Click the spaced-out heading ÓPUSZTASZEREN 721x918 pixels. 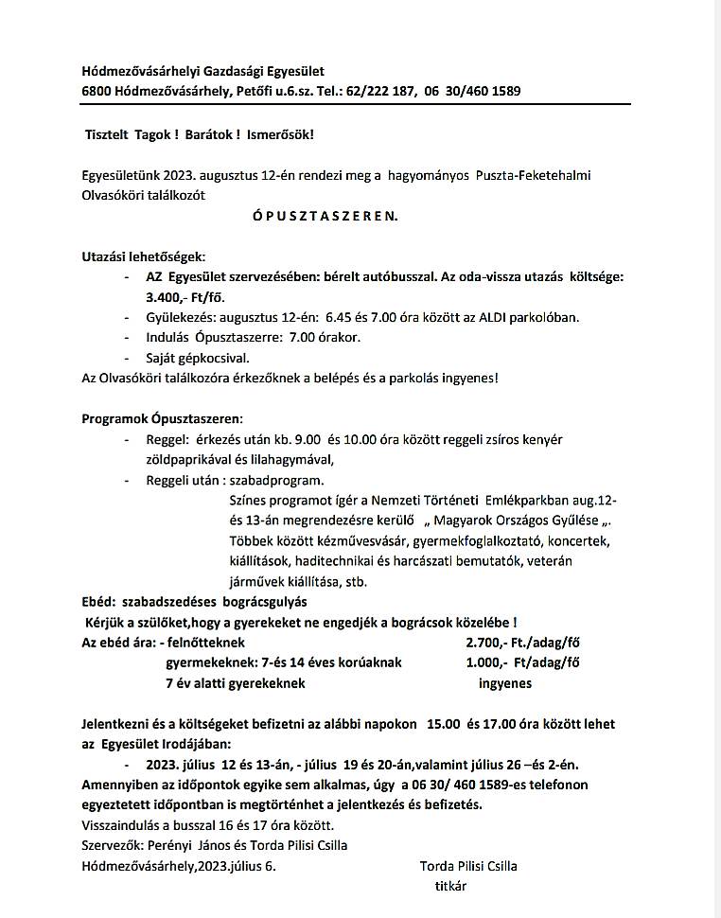tap(325, 216)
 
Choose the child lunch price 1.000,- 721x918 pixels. tap(487, 662)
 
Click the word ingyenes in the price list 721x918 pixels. tap(505, 682)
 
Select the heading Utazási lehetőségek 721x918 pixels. tap(143, 256)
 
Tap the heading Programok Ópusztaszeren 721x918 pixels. tap(162, 418)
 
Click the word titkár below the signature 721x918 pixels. tap(450, 886)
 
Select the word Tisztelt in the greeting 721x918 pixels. tap(106, 134)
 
